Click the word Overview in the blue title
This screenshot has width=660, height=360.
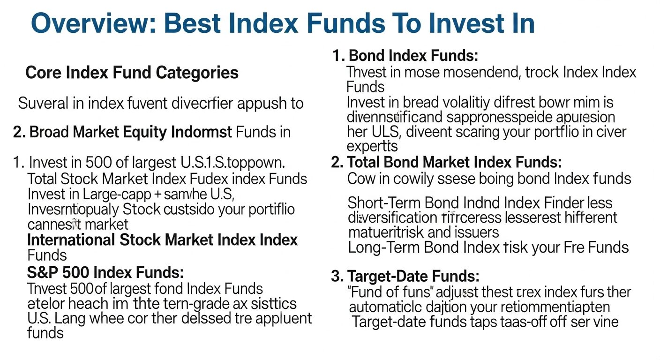click(92, 23)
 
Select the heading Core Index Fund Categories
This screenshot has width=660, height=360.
click(132, 73)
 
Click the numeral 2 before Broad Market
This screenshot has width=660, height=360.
click(18, 132)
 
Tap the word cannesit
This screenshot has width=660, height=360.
click(52, 224)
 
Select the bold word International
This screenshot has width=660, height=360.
click(71, 240)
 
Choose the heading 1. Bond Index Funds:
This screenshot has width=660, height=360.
click(405, 56)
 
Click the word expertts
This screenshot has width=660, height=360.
click(372, 146)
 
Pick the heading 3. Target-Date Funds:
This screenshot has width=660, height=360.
click(405, 276)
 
